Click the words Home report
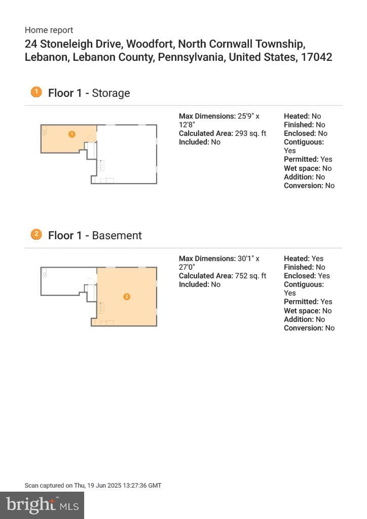click(x=49, y=30)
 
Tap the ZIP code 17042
click(x=316, y=57)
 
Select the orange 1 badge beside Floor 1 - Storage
click(x=36, y=92)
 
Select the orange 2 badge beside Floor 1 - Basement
click(x=36, y=235)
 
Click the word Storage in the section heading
click(x=111, y=93)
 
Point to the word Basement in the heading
click(x=117, y=235)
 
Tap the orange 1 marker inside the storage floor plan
click(x=72, y=134)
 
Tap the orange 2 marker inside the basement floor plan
click(x=127, y=296)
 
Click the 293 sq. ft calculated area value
click(x=250, y=133)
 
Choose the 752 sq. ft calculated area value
click(x=250, y=276)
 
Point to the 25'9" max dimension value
click(x=245, y=116)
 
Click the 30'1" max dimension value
click(x=245, y=258)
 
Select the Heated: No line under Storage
click(x=303, y=116)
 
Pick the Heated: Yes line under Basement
click(x=304, y=258)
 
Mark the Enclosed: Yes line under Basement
click(x=307, y=276)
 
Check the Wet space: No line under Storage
click(x=308, y=168)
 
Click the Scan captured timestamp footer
click(x=93, y=486)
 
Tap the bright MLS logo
click(x=42, y=505)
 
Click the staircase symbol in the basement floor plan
click(x=101, y=308)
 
